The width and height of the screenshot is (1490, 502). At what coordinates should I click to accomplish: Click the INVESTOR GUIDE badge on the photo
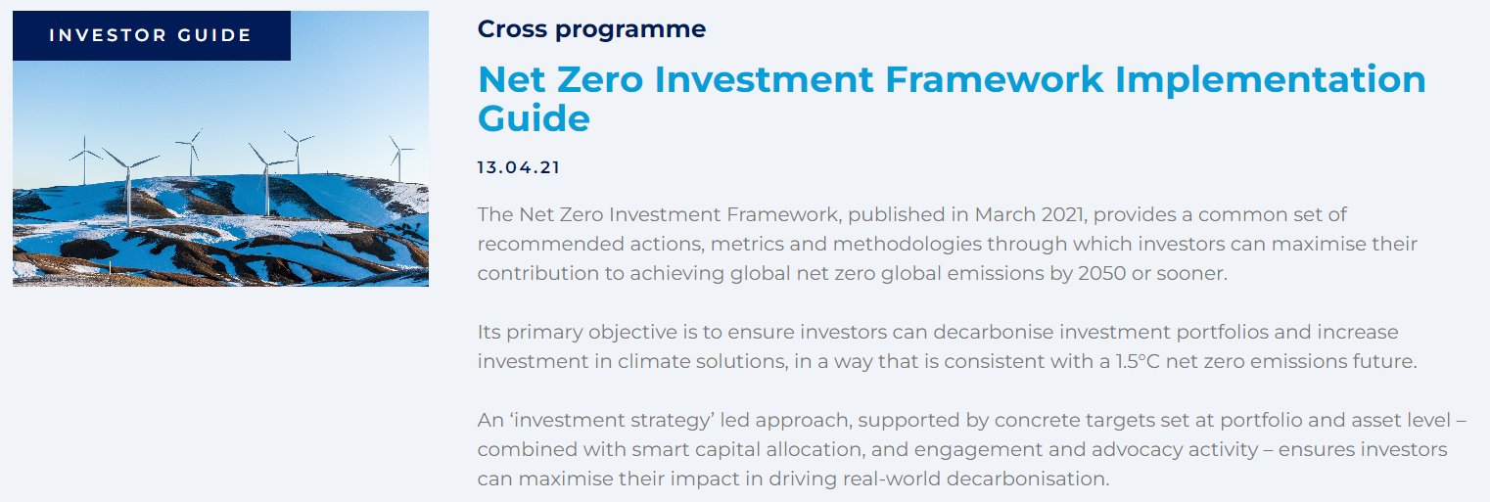[x=151, y=35]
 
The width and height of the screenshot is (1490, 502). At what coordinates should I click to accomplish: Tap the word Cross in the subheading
[x=512, y=29]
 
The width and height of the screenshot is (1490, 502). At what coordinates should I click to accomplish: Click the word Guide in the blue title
[x=534, y=118]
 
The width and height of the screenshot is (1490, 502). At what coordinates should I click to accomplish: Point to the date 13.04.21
[x=519, y=167]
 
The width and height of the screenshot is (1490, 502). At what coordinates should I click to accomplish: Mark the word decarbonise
[x=941, y=332]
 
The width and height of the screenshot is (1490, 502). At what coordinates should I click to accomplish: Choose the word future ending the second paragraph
[x=1382, y=361]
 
